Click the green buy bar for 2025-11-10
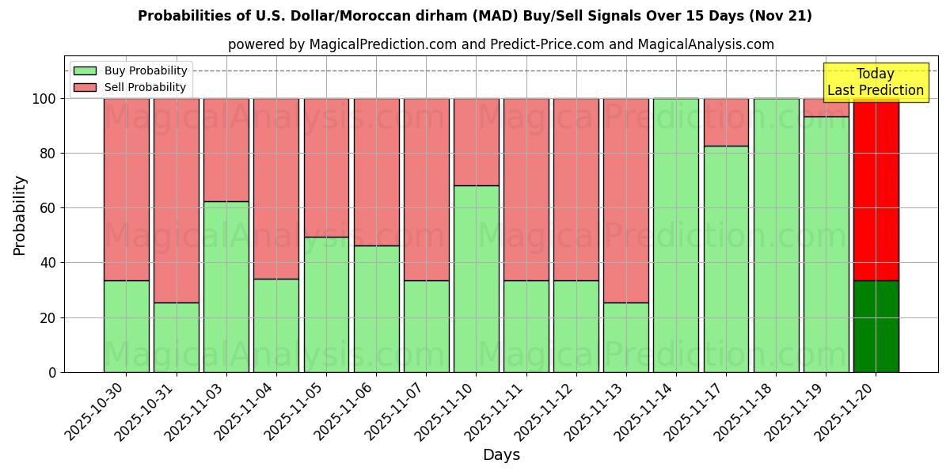coord(476,279)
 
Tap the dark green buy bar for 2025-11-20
coord(876,326)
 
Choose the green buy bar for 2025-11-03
coord(226,287)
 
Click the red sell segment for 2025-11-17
coord(726,122)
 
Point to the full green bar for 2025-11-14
coord(676,235)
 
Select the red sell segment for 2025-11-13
coord(625,200)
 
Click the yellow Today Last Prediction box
coord(875,82)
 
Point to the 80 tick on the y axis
coord(52,154)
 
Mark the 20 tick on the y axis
coord(52,317)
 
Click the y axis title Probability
coord(20,215)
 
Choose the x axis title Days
coord(501,455)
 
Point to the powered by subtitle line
coord(501,44)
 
